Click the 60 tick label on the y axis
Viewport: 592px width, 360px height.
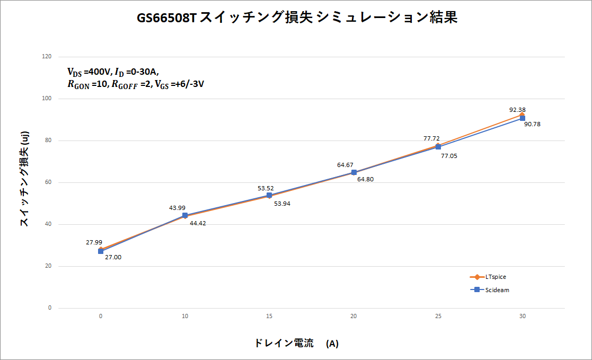49,182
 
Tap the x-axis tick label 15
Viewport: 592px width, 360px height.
269,316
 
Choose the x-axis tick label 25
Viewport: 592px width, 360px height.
438,316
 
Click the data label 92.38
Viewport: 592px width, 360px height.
517,110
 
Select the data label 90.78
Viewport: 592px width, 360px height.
532,124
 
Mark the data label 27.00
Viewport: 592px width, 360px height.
113,257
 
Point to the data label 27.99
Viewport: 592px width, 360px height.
94,242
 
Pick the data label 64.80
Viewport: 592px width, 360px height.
365,180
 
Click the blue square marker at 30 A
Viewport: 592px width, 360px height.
522,118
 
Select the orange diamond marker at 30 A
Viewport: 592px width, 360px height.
522,114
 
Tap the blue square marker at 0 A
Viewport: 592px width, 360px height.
101,251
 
